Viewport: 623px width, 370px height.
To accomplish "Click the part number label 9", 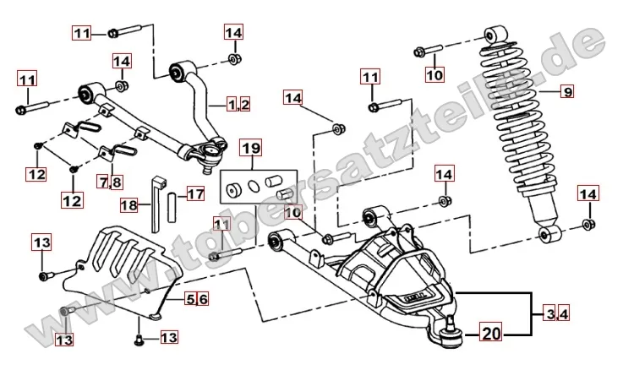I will pos(567,91).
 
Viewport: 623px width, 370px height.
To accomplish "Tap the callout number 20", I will pos(490,334).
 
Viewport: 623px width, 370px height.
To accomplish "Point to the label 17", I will pos(195,193).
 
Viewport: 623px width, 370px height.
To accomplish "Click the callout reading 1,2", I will pos(239,105).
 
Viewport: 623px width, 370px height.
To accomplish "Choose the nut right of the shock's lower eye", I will pos(587,226).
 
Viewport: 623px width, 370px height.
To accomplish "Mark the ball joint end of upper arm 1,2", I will pos(204,153).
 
